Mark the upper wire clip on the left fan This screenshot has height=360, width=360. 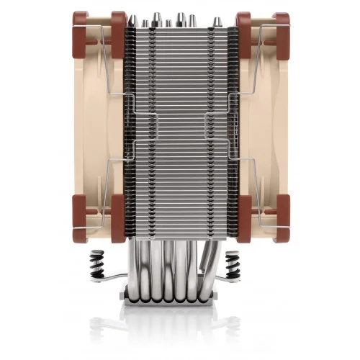coord(108,54)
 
